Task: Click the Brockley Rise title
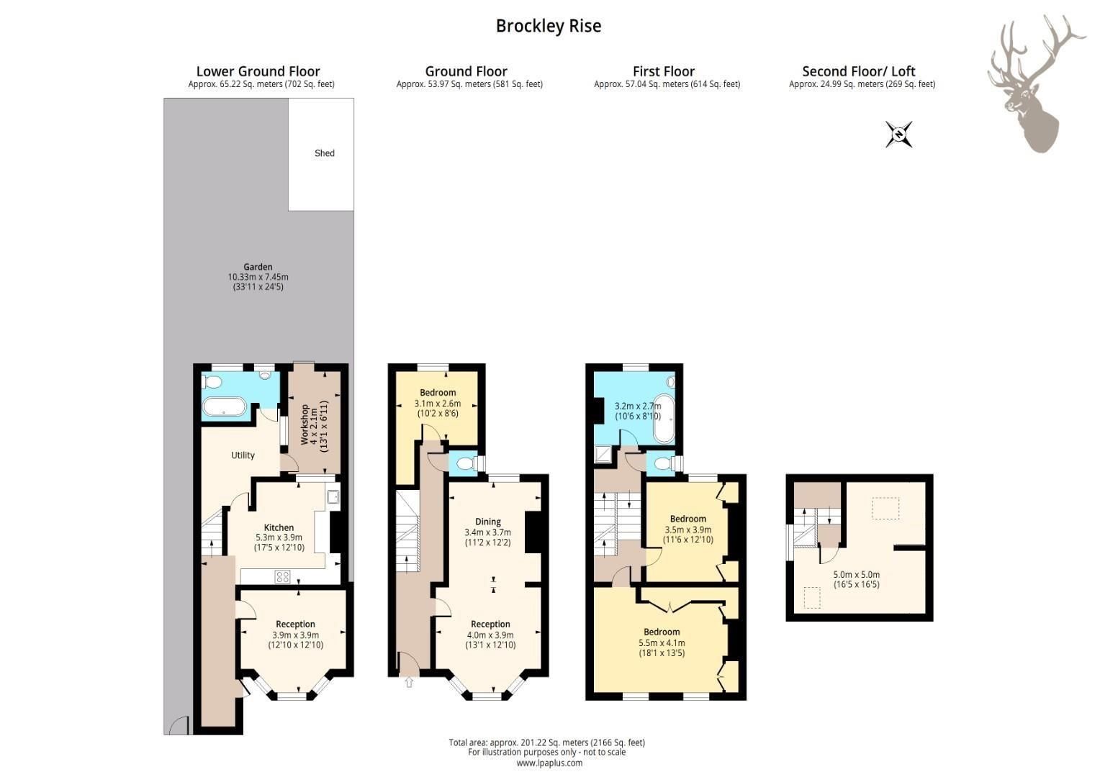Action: tap(548, 26)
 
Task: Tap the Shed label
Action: tap(324, 153)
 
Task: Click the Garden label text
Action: tap(258, 267)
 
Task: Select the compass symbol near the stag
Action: tap(899, 135)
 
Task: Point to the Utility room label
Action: tap(243, 455)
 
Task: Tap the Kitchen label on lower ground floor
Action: tap(279, 527)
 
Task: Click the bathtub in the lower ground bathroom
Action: tap(225, 408)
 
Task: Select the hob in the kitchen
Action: tap(282, 576)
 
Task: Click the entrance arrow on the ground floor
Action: tap(409, 682)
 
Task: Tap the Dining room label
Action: tap(488, 522)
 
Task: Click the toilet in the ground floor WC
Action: tap(465, 463)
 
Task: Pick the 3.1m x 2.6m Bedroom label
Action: tap(437, 393)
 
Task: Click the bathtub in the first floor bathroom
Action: tap(664, 419)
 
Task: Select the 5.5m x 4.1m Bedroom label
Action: tap(662, 632)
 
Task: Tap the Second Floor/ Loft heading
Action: tap(859, 71)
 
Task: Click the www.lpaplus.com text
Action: tap(549, 763)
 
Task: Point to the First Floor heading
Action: tap(663, 71)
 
